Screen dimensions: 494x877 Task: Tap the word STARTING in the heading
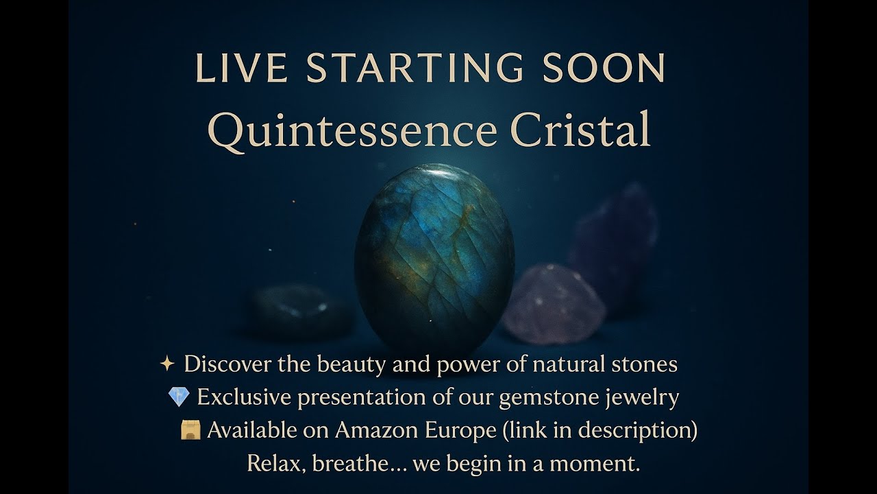click(x=415, y=68)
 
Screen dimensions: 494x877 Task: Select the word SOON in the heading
click(x=604, y=68)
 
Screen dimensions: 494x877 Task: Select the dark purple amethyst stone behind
click(x=615, y=240)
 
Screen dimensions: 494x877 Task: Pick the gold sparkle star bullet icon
click(x=167, y=364)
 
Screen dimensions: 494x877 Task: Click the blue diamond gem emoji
click(x=178, y=397)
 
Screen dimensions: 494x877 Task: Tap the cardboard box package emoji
click(x=190, y=430)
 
